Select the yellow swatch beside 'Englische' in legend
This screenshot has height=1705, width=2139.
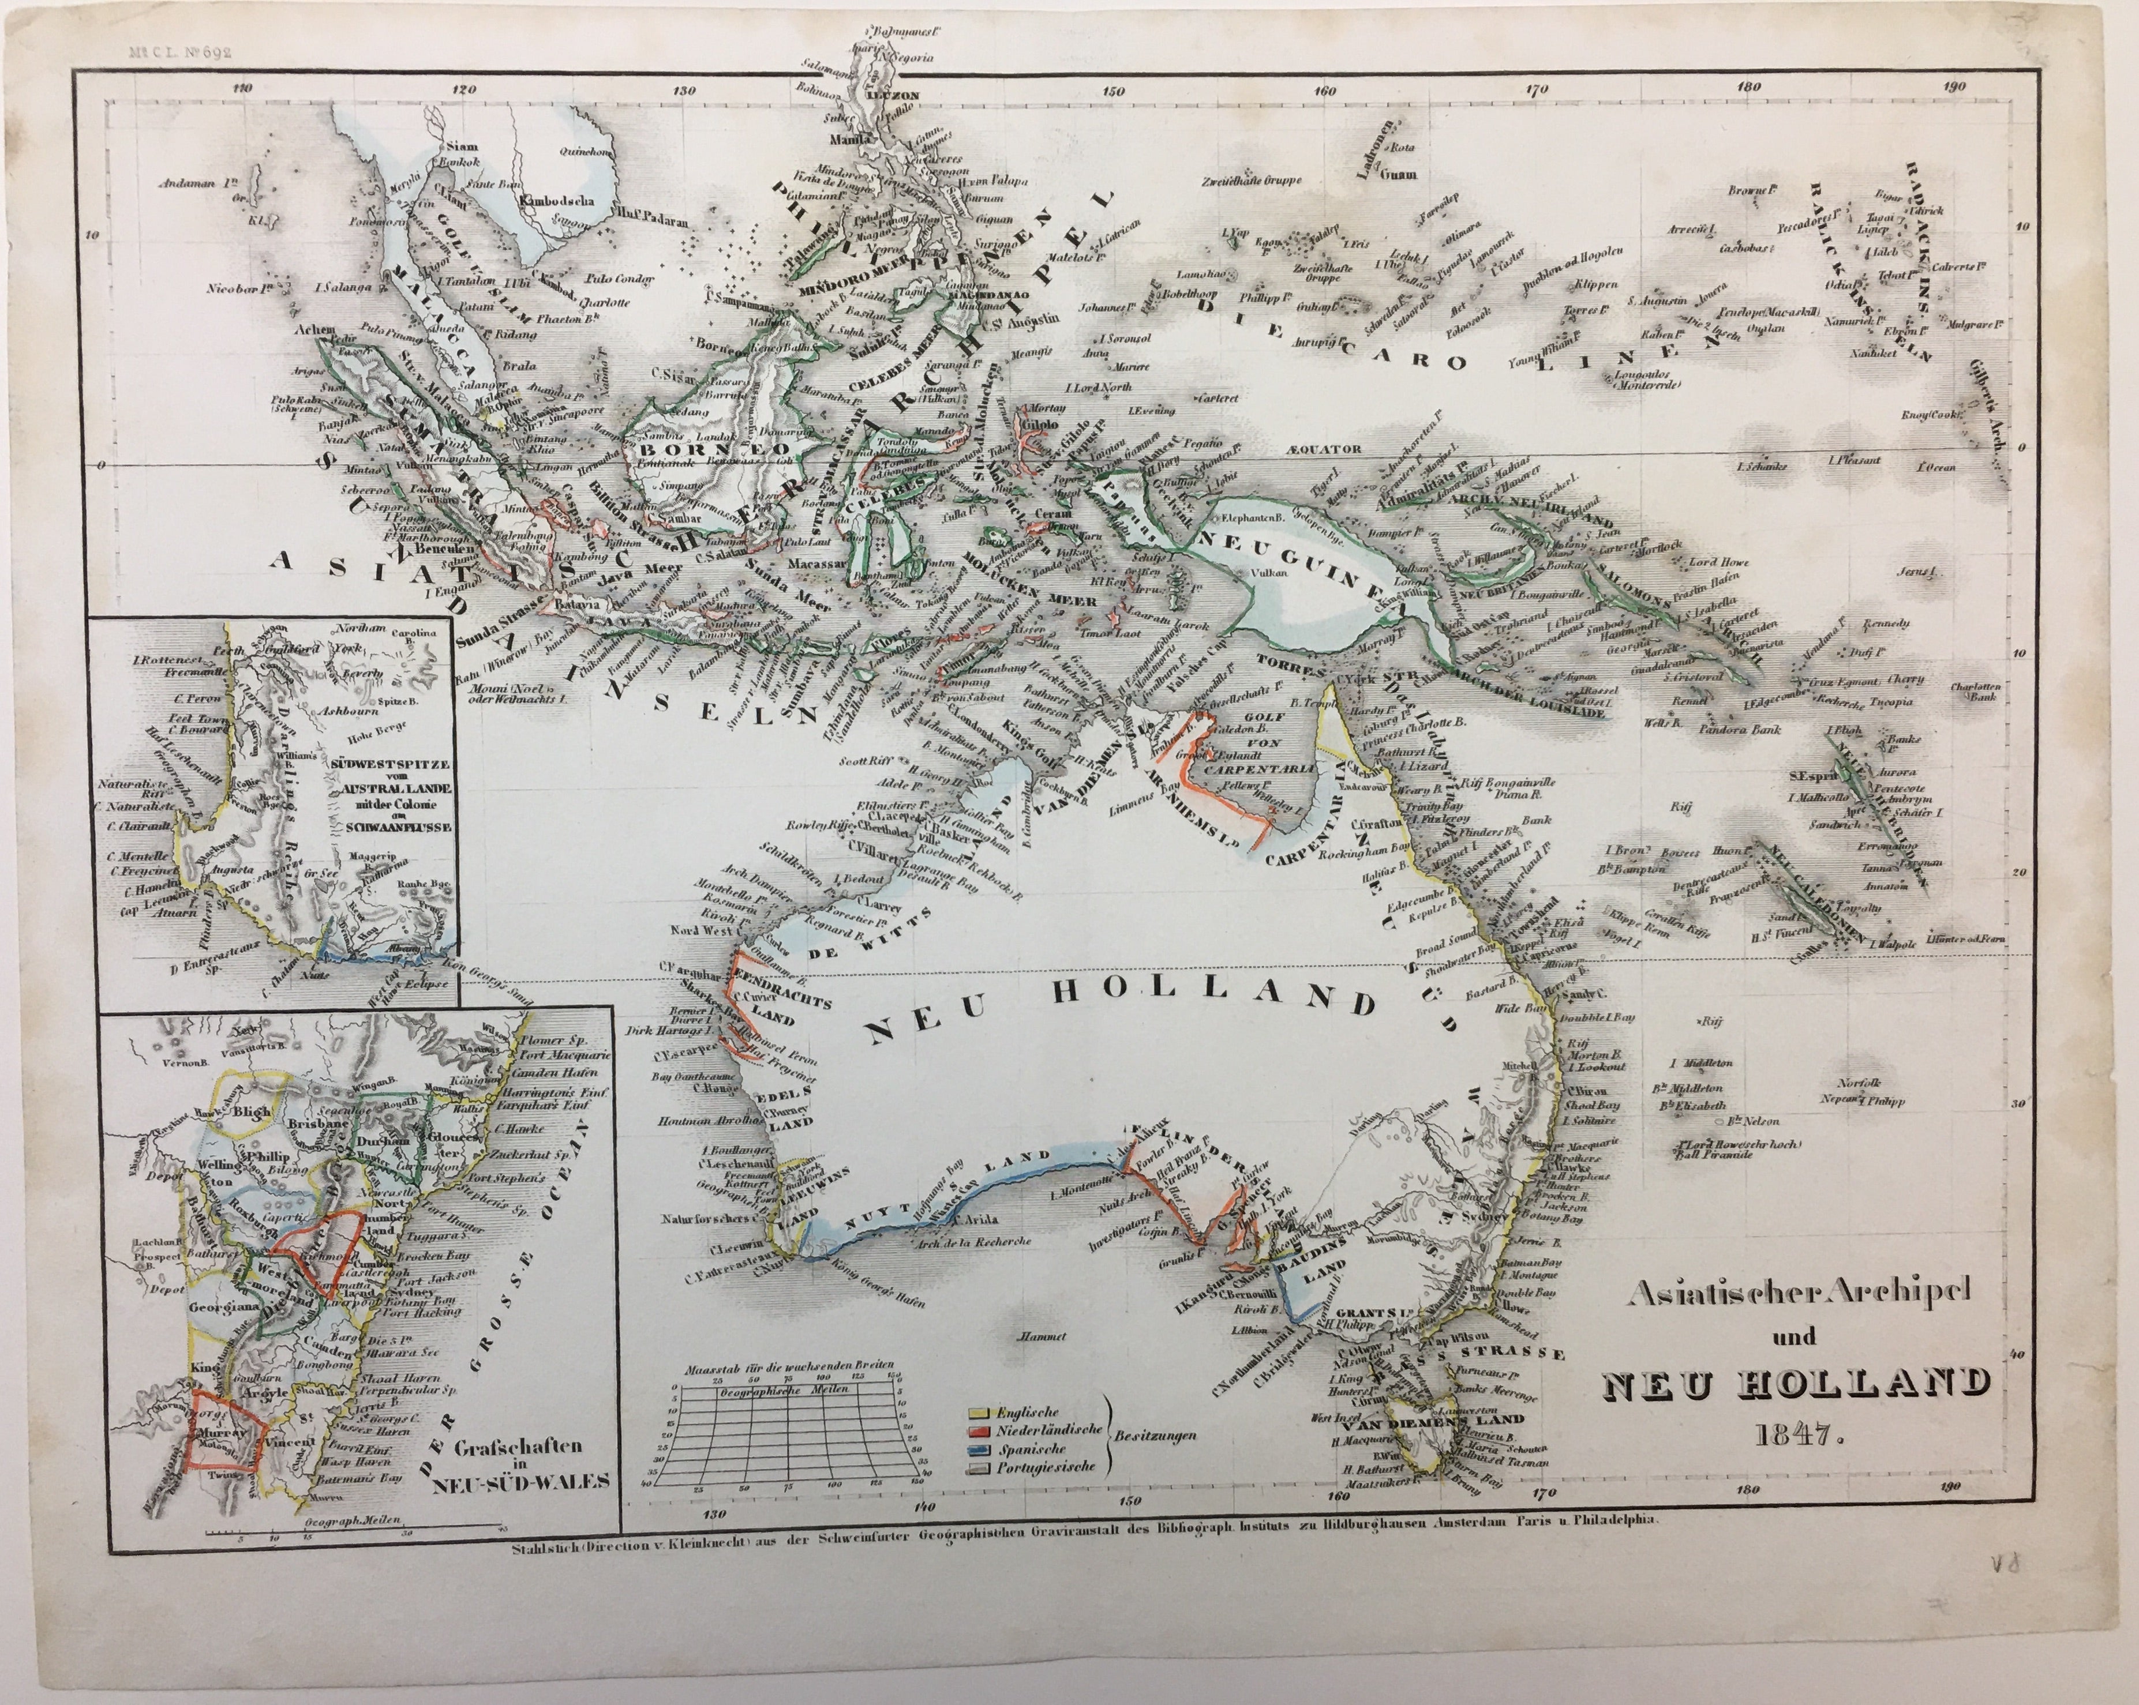978,1413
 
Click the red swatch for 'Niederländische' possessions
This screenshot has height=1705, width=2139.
978,1430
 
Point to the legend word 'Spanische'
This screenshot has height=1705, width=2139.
1034,1448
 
